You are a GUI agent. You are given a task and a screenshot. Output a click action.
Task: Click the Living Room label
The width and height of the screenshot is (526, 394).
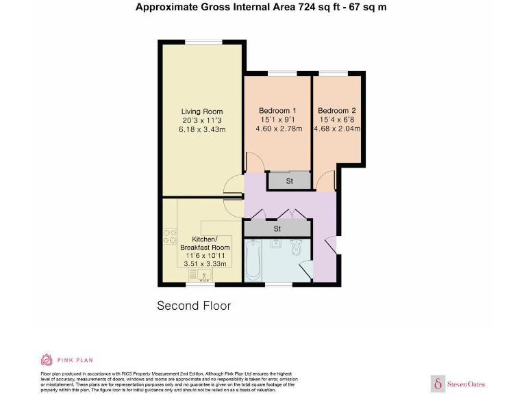point(202,111)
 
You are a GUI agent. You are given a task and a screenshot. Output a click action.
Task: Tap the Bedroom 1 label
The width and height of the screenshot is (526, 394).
point(277,111)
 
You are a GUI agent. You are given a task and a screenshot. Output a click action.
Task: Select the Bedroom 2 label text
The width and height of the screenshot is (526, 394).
point(337,110)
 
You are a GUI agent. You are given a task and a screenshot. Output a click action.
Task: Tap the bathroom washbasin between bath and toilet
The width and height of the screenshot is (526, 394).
point(275,245)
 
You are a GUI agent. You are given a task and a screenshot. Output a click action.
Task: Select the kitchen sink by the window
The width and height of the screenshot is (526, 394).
point(203,275)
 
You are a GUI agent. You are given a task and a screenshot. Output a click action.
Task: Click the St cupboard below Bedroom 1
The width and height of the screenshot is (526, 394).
point(289,181)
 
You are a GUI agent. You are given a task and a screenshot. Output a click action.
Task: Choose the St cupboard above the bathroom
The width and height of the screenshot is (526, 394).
point(277,228)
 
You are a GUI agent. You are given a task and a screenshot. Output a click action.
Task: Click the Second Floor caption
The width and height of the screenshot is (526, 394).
point(194,306)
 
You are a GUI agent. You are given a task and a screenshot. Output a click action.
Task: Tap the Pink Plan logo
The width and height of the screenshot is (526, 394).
point(66,360)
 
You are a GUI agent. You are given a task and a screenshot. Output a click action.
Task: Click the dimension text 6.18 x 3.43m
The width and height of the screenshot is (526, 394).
point(202,129)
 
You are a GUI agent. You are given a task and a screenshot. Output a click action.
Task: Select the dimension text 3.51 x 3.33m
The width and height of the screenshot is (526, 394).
point(205,263)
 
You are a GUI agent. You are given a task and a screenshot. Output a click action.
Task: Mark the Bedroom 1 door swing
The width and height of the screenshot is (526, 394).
point(253,163)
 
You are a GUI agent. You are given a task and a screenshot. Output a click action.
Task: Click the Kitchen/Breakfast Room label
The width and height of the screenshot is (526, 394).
point(205,243)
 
